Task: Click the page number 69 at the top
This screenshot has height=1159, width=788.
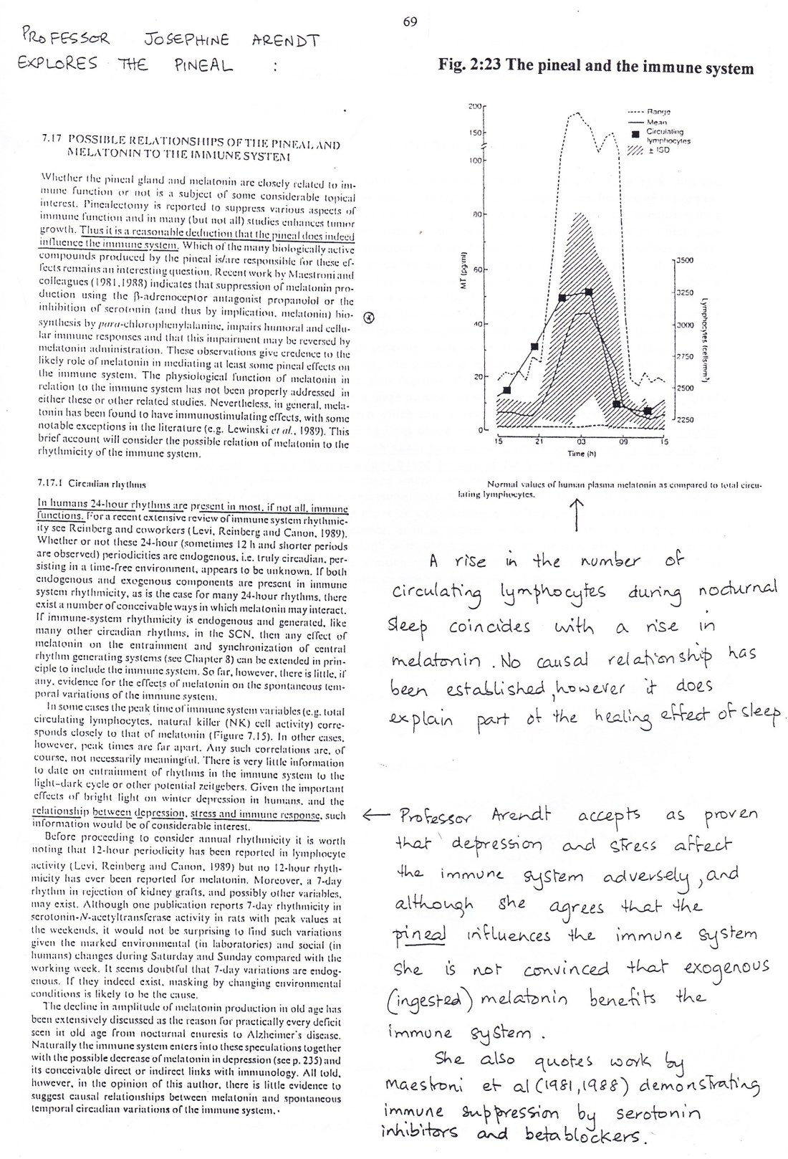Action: pyautogui.click(x=410, y=22)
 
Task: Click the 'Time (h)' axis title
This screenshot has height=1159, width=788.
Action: pyautogui.click(x=577, y=454)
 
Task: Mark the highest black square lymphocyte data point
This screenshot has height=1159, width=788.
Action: pyautogui.click(x=589, y=292)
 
